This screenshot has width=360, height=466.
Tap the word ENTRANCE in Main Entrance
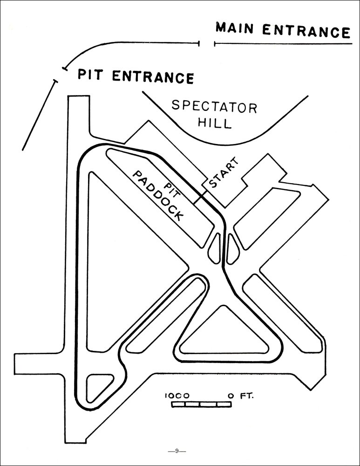point(306,31)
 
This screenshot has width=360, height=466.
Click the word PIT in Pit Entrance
point(91,74)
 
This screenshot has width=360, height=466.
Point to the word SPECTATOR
point(214,107)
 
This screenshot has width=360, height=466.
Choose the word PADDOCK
point(158,195)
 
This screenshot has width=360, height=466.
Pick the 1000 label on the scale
point(177,396)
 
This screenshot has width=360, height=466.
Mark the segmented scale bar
point(201,404)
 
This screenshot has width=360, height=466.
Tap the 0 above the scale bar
point(231,396)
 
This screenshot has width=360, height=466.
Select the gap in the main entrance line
point(207,44)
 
